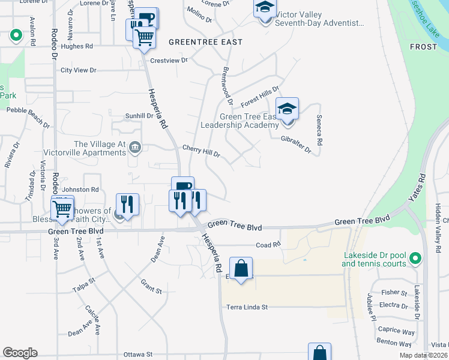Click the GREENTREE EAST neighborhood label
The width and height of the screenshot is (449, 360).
205,42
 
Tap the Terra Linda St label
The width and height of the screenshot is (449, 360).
247,307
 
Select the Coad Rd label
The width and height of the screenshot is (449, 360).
268,245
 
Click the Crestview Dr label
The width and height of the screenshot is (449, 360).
169,61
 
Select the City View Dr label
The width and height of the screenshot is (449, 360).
79,70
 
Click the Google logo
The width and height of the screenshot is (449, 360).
20,353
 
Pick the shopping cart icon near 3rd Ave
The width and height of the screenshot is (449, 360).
62,208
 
